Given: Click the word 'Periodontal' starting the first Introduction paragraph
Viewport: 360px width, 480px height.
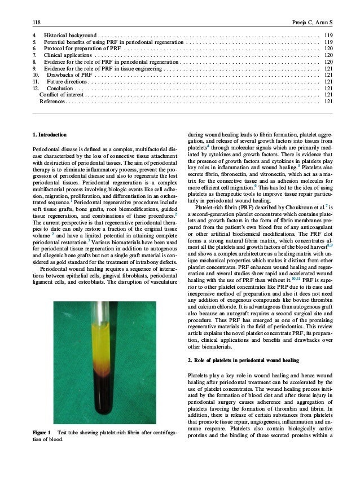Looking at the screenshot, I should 47,149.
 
